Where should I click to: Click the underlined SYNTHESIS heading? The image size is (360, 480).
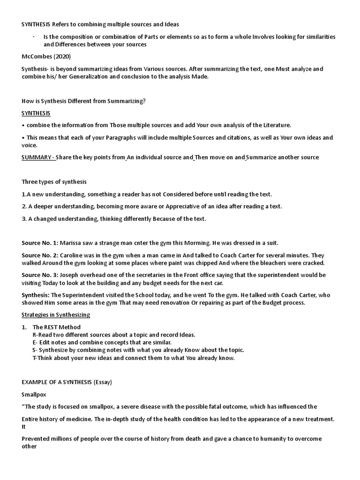(36, 113)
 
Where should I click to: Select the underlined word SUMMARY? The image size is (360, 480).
(37, 157)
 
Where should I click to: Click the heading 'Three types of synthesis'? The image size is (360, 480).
(54, 181)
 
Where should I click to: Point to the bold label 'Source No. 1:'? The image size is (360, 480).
(40, 242)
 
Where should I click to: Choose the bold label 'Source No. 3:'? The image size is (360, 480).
(40, 275)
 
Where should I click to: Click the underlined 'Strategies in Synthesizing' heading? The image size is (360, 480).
(56, 315)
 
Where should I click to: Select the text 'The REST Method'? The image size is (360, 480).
(57, 327)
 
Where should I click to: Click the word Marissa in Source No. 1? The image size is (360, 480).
(72, 242)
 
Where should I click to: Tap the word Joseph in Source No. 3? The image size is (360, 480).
(71, 275)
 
